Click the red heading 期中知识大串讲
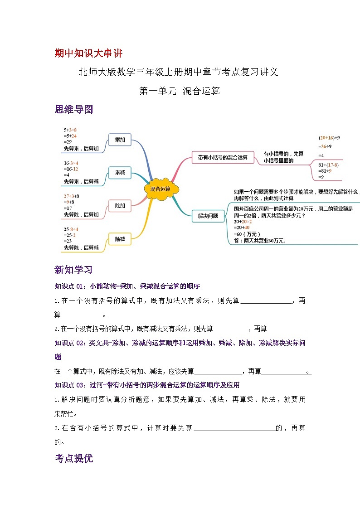[x=88, y=53]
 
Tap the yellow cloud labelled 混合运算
[x=161, y=189]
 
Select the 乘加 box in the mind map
[x=120, y=141]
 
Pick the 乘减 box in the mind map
[x=120, y=173]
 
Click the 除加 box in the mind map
[x=120, y=206]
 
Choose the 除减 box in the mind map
[x=120, y=239]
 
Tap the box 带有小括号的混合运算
[x=223, y=157]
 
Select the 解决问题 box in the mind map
[x=208, y=216]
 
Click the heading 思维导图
[x=73, y=109]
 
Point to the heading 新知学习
[x=73, y=270]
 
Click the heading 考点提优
[x=73, y=458]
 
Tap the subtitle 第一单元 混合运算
[x=180, y=91]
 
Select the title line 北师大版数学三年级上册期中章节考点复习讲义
[x=178, y=72]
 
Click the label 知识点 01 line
[x=127, y=286]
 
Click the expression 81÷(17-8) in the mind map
[x=329, y=165]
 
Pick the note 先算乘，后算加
[x=81, y=148]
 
